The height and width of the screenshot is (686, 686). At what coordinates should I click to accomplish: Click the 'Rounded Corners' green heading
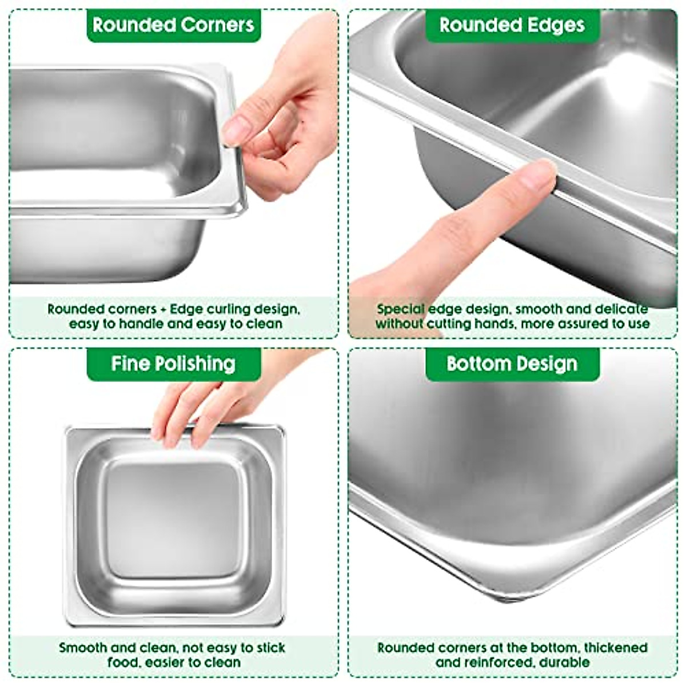pos(173,25)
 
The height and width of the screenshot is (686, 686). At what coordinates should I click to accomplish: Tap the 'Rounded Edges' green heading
pos(512,25)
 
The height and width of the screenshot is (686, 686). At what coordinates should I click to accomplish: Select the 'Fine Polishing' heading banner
pos(173,364)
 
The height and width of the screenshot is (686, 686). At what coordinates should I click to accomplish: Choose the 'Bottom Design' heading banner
pos(512,364)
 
